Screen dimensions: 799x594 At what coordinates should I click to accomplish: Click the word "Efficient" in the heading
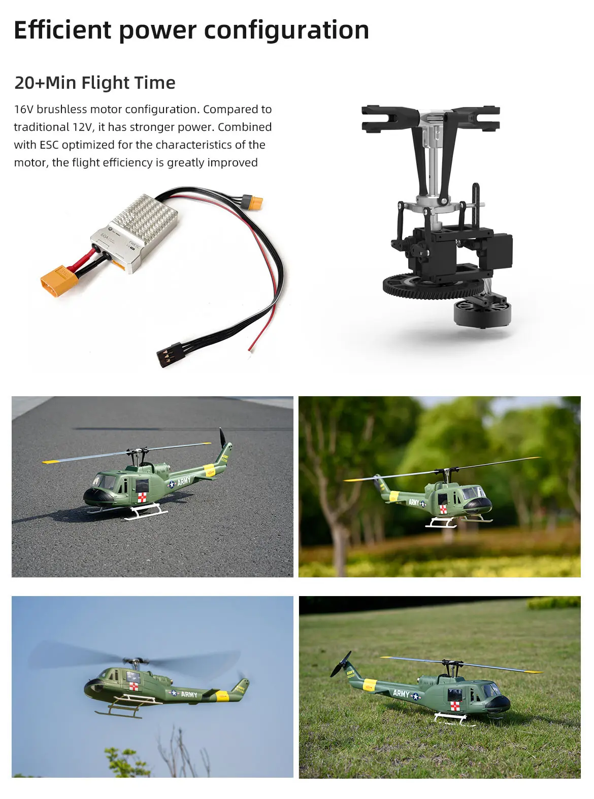coord(62,30)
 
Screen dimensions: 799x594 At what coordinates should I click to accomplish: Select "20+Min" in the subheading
coord(44,83)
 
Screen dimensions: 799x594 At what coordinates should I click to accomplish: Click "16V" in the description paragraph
coord(23,110)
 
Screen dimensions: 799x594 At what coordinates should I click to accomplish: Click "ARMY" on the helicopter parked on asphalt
coord(184,480)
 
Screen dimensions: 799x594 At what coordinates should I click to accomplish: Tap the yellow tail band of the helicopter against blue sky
coord(222,696)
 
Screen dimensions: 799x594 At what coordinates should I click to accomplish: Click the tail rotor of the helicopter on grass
coord(341,665)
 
